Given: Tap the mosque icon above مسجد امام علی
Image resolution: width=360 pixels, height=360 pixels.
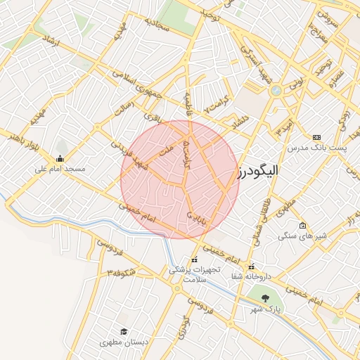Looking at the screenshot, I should point(60,158).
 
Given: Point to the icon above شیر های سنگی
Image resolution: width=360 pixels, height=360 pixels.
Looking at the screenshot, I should point(302,226).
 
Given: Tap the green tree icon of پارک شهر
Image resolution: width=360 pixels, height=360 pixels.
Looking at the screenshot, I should point(265,298).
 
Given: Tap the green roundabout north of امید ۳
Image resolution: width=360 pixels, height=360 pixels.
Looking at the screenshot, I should point(276,91).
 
